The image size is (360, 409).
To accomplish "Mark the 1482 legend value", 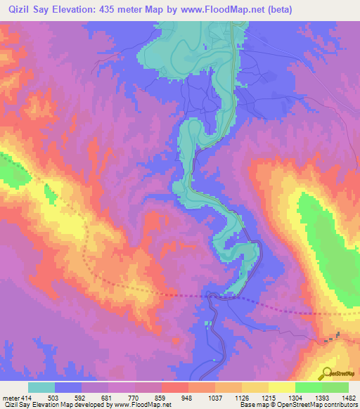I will point(347,398).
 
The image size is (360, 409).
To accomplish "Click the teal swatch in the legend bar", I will point(41,387).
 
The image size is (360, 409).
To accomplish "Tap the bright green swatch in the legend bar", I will point(335,387).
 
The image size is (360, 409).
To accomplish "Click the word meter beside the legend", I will point(11,398).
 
